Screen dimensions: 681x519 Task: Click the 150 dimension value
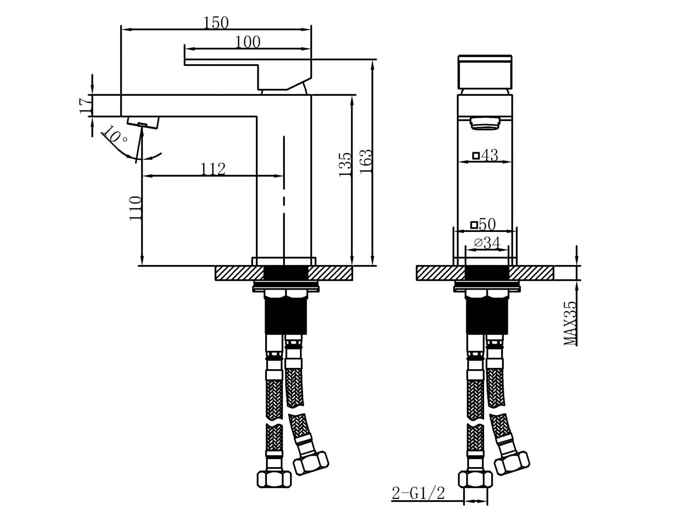tap(216, 23)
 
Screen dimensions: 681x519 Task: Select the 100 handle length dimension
tap(248, 42)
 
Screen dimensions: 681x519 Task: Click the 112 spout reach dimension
tap(213, 169)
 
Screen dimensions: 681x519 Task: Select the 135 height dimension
tap(345, 165)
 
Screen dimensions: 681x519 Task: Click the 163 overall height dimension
tap(366, 161)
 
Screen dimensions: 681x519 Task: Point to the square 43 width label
tap(485, 155)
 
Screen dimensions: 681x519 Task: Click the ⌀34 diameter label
tap(487, 243)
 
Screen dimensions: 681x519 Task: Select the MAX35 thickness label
tap(570, 324)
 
